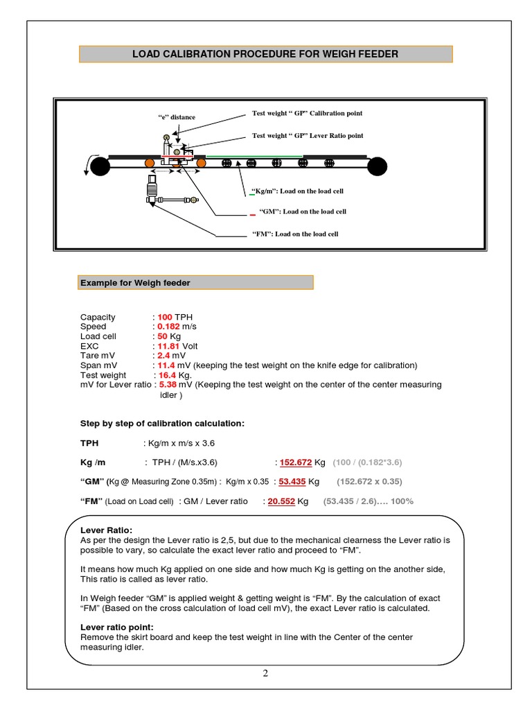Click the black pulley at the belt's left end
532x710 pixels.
coord(100,166)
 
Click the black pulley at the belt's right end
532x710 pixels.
coord(377,166)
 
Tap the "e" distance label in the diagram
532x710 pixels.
coord(177,116)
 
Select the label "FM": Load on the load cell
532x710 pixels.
coord(295,234)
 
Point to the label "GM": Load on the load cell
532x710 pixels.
coord(303,211)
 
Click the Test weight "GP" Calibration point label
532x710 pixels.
coord(307,113)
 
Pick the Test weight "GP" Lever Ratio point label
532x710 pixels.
coord(308,135)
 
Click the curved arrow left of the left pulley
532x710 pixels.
coord(89,164)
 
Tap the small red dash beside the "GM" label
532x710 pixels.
coord(252,215)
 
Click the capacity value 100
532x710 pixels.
coord(165,317)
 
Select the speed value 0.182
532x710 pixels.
coord(168,327)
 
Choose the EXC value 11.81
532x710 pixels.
coord(168,346)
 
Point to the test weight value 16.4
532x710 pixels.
coord(167,375)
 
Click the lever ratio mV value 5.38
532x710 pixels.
coord(168,384)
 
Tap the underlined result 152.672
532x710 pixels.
coord(296,462)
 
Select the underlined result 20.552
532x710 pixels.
coord(281,501)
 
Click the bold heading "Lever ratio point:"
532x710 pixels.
coord(116,627)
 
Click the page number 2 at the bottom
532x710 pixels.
coord(265,673)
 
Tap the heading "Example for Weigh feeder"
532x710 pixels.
coord(135,283)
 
